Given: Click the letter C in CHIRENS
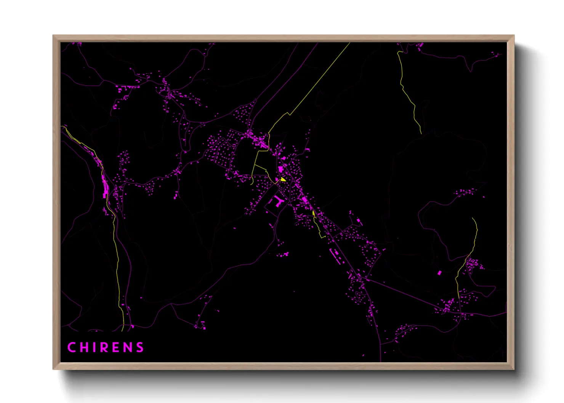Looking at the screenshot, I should (71, 347).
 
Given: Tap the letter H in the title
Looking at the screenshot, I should (84, 347).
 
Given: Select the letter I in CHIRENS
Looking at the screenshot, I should (94, 347).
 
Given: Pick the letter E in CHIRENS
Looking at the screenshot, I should (117, 347).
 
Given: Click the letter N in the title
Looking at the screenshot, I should (128, 347).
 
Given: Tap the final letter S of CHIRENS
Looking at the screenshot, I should (140, 347).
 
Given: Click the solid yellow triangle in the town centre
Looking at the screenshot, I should (283, 179).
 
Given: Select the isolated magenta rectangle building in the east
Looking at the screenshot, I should (439, 273).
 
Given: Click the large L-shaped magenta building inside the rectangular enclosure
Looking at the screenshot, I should (278, 200).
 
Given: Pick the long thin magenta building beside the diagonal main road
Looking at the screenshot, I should (335, 254).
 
